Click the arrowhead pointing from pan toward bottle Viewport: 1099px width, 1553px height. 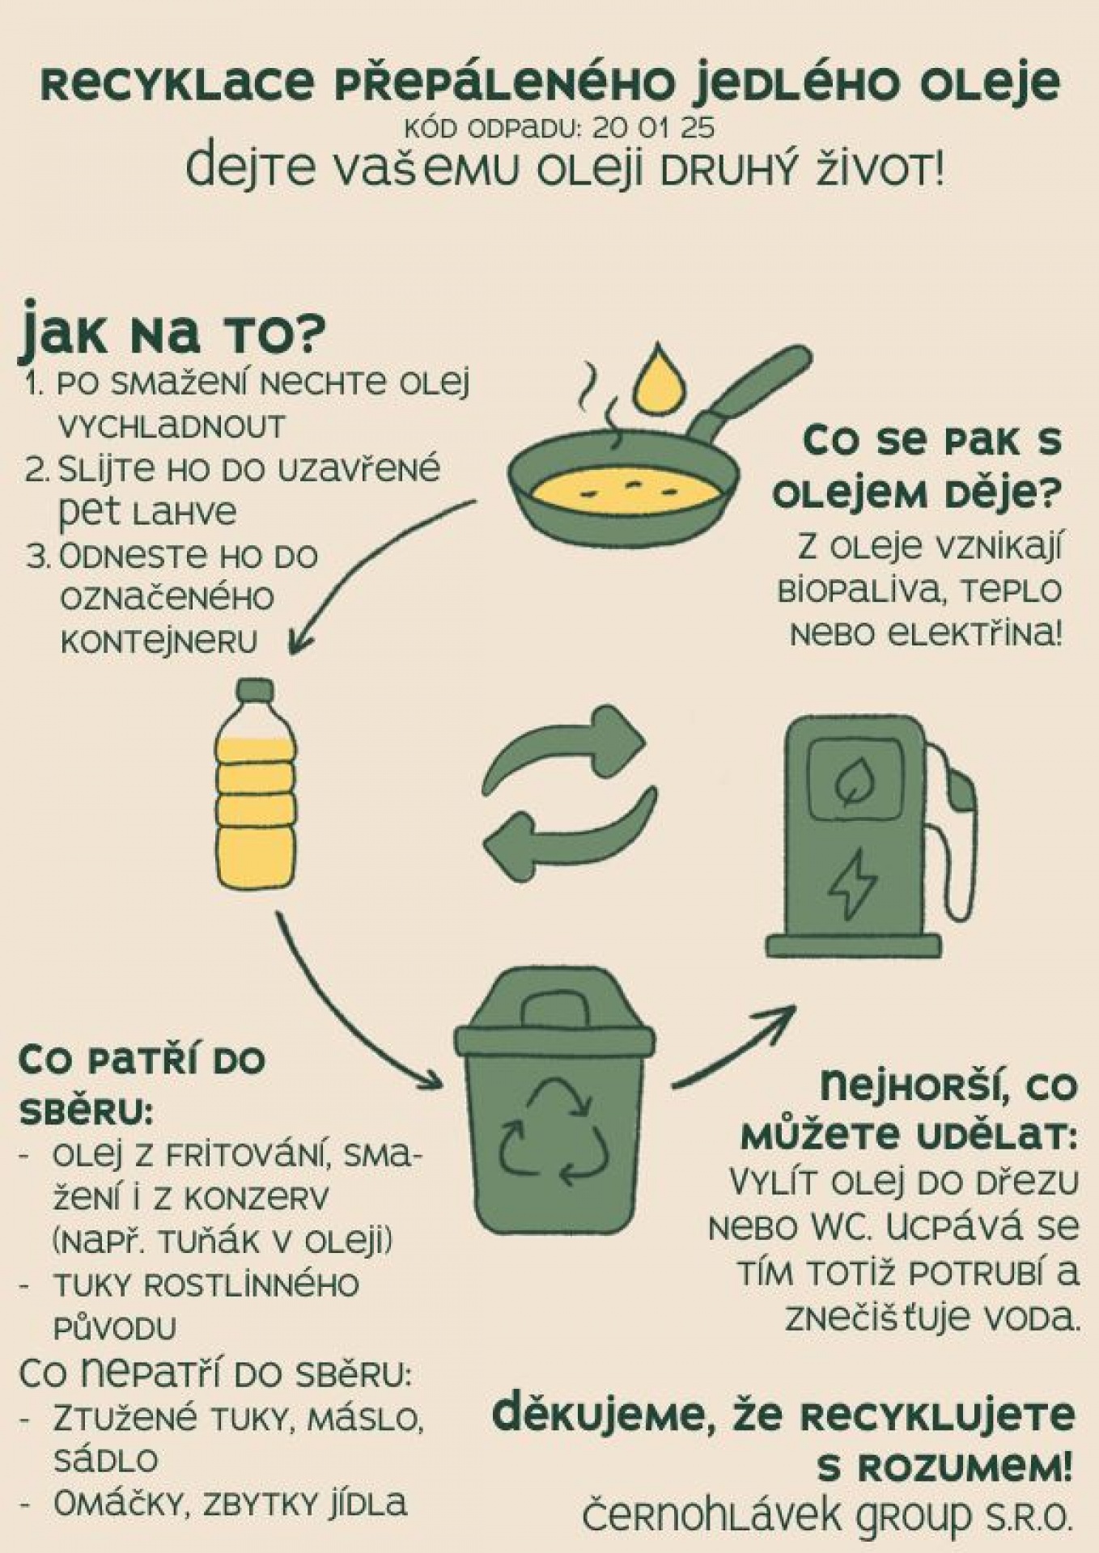(301, 639)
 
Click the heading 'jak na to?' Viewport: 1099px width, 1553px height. (172, 331)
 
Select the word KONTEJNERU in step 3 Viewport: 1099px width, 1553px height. (159, 642)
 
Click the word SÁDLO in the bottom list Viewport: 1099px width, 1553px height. (105, 1460)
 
